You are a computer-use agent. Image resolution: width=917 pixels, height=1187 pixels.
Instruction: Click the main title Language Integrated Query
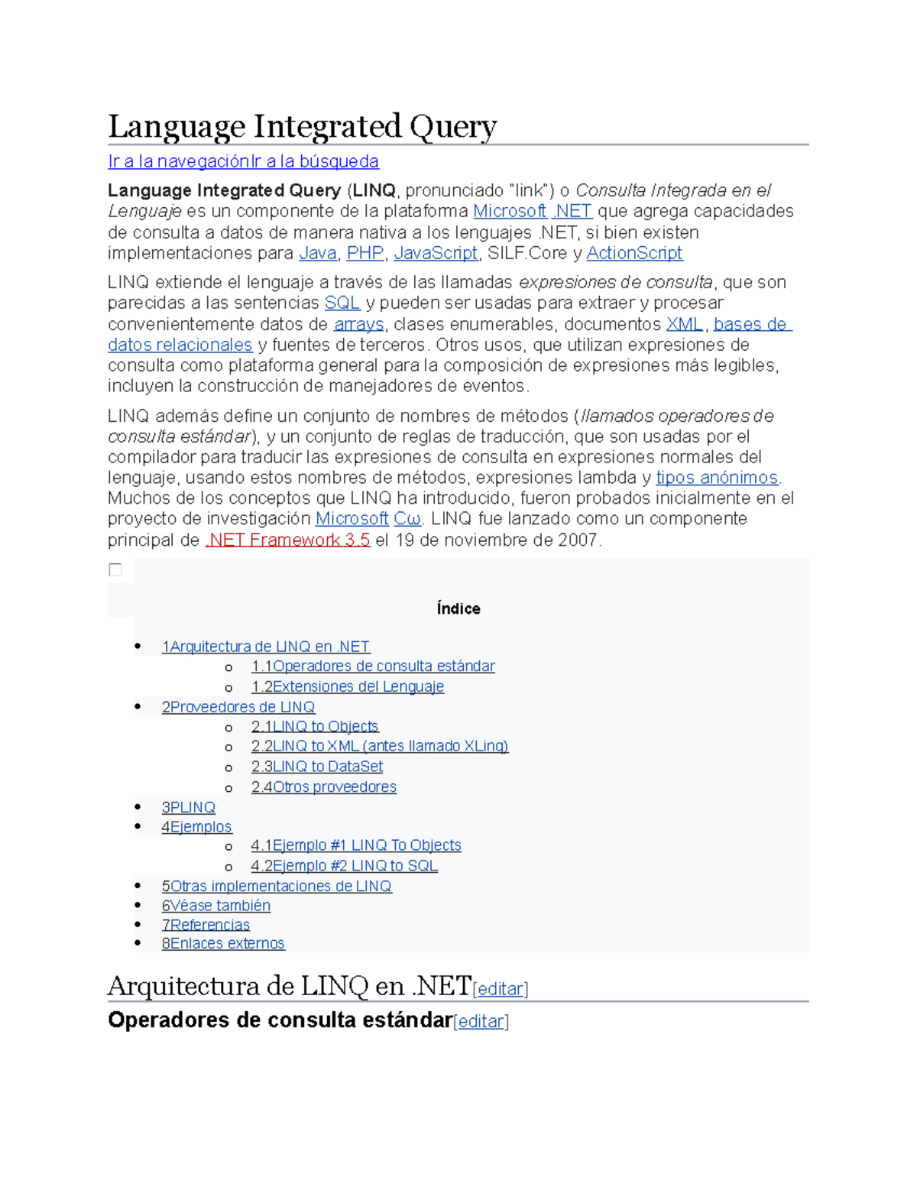click(302, 126)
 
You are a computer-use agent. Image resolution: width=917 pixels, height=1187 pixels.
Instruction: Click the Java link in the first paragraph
click(317, 253)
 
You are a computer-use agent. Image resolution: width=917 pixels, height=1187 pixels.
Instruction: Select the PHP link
click(365, 253)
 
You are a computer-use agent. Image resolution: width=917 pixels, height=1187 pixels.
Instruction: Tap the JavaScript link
click(436, 253)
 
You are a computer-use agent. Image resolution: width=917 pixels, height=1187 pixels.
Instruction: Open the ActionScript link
click(634, 253)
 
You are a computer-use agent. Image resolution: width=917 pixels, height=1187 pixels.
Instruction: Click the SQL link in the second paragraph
click(342, 303)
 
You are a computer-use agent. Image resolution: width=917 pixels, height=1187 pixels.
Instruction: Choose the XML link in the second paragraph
click(684, 324)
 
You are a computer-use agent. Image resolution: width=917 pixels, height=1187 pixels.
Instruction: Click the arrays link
click(358, 324)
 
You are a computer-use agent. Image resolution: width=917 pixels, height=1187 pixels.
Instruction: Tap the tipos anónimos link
click(717, 478)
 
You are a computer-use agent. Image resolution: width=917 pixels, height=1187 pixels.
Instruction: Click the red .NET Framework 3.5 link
click(288, 540)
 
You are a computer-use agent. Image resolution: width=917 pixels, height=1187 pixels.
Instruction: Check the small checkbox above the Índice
click(115, 569)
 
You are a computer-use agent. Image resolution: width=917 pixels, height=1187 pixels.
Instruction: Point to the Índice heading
click(458, 608)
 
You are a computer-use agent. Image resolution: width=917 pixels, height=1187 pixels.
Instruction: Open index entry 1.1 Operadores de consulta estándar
click(373, 666)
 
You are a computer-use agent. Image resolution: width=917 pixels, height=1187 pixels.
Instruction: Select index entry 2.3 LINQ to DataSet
click(317, 766)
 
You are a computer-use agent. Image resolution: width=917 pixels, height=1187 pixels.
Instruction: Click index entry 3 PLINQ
click(188, 807)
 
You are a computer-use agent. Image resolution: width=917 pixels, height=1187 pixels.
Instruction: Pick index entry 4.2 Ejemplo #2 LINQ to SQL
click(344, 865)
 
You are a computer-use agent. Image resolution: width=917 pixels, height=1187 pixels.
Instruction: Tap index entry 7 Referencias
click(206, 925)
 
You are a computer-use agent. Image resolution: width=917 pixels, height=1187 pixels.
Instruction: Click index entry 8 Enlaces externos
click(223, 943)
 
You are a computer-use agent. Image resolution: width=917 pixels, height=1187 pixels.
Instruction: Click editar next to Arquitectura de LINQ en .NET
click(501, 989)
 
